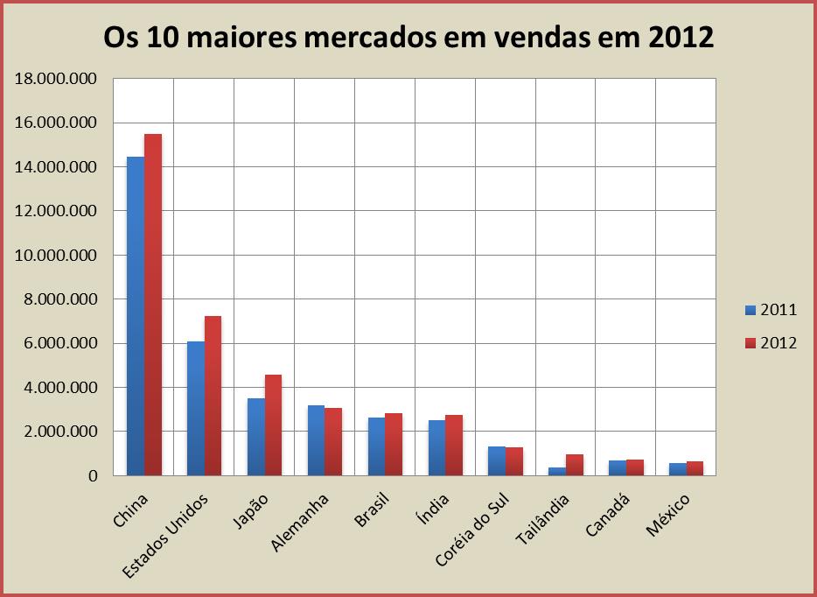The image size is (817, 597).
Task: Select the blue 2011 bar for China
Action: click(136, 316)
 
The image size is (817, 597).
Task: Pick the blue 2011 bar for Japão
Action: click(256, 437)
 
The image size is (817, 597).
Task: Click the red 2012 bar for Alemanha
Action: click(334, 442)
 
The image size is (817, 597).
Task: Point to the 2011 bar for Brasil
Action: click(377, 446)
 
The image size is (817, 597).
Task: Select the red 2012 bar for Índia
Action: click(454, 446)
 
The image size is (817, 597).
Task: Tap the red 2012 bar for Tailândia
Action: click(575, 465)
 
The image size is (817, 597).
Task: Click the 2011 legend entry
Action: click(770, 310)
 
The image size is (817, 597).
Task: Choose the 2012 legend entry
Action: click(770, 343)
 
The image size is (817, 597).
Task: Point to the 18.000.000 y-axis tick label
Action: click(54, 80)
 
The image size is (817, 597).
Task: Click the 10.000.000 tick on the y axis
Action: click(54, 256)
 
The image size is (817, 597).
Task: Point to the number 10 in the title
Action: click(163, 37)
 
